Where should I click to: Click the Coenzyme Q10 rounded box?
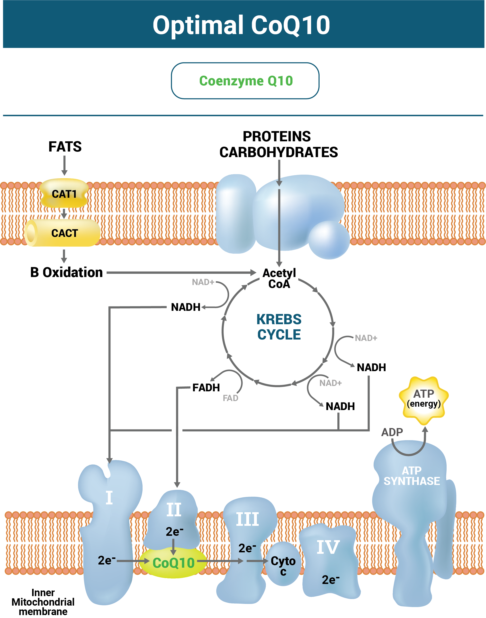[245, 81]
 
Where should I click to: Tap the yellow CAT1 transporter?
[64, 194]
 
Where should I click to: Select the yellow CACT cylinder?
[64, 233]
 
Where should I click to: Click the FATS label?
[65, 147]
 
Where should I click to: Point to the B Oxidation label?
[66, 273]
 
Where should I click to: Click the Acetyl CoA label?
[279, 278]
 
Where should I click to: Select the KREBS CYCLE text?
[279, 327]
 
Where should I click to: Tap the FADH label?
[206, 387]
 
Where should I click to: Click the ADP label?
[392, 432]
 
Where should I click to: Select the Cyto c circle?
[283, 564]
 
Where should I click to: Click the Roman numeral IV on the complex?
[328, 547]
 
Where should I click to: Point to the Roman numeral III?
[248, 519]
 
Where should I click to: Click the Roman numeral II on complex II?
[174, 510]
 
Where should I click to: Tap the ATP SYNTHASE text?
[412, 476]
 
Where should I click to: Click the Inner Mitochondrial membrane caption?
[43, 602]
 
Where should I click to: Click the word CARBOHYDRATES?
[279, 152]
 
